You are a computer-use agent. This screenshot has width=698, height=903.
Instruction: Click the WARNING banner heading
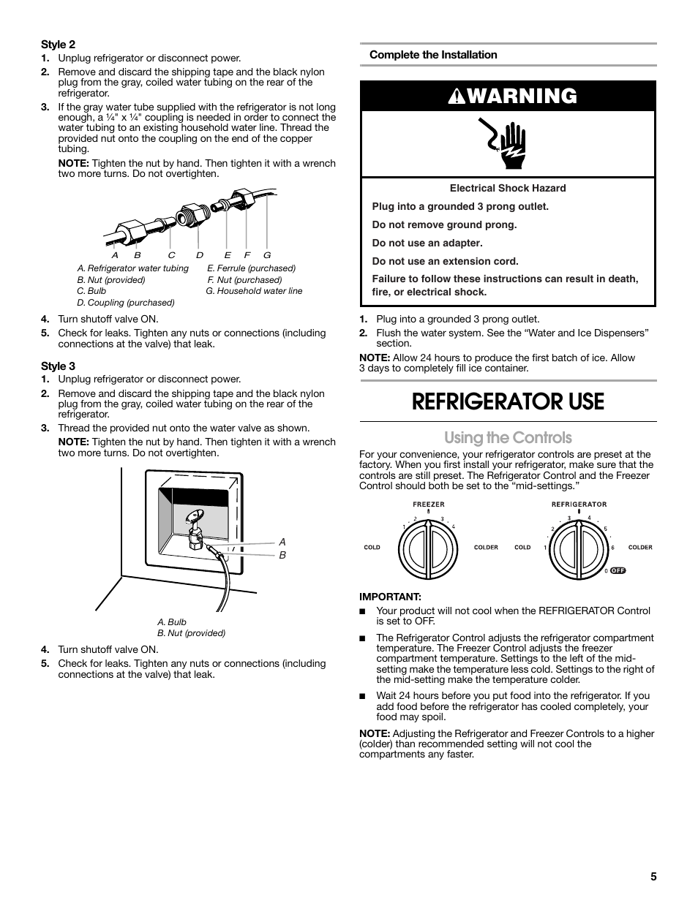tap(508, 97)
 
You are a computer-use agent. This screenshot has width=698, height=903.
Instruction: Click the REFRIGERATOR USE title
tap(508, 401)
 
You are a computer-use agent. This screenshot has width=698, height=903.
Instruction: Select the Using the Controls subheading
tap(508, 437)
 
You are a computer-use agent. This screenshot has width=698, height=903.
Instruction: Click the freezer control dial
tap(429, 548)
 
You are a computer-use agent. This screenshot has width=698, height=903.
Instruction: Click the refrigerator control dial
tap(581, 548)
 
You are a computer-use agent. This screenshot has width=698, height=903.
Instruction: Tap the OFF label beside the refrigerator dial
tap(618, 570)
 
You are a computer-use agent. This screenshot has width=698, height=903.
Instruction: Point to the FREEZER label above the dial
tap(429, 505)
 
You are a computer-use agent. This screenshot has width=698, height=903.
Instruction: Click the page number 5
tap(653, 877)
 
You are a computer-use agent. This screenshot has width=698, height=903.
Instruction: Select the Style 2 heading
tap(58, 45)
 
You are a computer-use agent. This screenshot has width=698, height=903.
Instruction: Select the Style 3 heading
tap(58, 366)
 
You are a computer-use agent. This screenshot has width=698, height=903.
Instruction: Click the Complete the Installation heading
tap(433, 55)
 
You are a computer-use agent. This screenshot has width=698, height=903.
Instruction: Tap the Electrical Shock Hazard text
tap(508, 188)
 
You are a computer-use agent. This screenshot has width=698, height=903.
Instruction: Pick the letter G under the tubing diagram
tap(267, 255)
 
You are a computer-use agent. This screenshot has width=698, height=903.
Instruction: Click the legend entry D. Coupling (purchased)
tap(126, 303)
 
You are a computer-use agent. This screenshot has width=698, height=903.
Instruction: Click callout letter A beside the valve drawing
tap(282, 542)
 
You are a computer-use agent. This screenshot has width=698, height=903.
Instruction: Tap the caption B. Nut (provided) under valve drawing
tap(191, 633)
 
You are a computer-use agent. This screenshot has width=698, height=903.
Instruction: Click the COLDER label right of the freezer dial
tap(486, 547)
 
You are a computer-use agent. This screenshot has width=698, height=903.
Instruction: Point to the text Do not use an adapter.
tap(427, 243)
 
